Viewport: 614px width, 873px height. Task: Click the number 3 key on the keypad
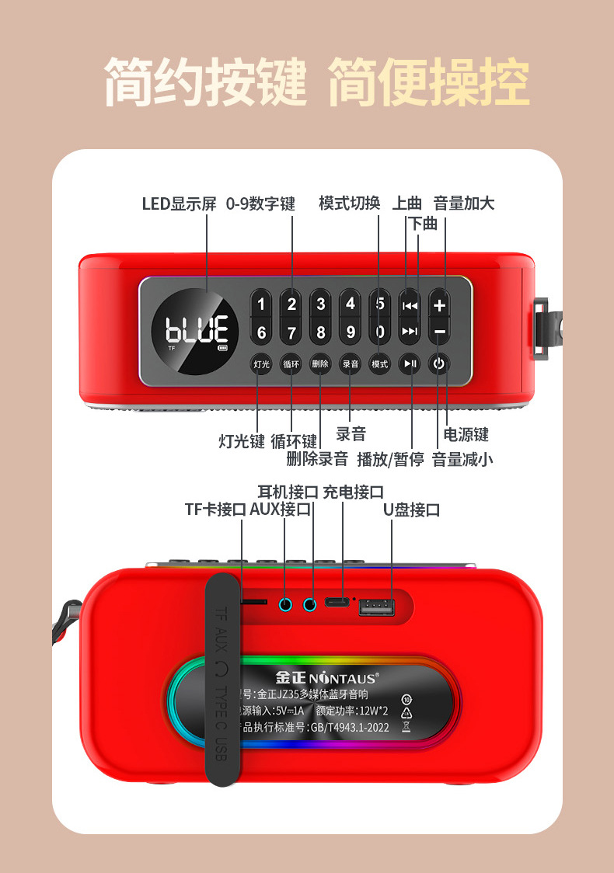click(321, 304)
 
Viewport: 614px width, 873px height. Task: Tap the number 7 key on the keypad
click(291, 333)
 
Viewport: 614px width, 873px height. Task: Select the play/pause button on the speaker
click(410, 363)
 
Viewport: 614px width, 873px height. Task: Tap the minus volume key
click(440, 332)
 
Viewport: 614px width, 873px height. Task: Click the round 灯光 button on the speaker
click(260, 363)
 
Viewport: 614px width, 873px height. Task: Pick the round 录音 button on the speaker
click(351, 363)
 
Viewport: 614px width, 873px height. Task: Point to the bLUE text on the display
click(197, 330)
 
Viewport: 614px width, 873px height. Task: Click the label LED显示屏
click(179, 204)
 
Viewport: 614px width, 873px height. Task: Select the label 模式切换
click(349, 203)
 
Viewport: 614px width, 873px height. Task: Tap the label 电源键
click(466, 434)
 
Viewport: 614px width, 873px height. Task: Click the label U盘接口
click(411, 510)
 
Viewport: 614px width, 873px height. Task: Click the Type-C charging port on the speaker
click(336, 603)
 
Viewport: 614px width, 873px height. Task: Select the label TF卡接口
click(215, 510)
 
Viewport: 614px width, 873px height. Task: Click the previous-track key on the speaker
click(410, 305)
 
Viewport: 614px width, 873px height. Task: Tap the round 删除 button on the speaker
click(320, 363)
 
